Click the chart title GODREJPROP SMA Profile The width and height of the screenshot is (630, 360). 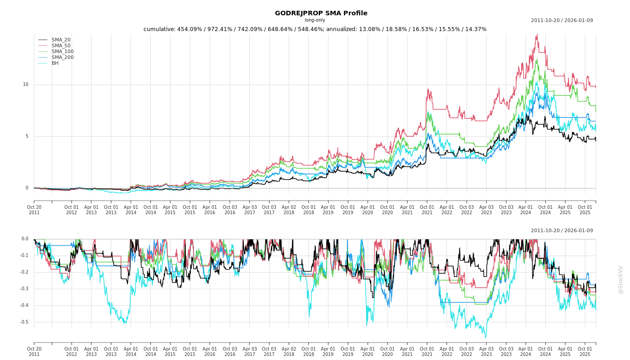click(321, 13)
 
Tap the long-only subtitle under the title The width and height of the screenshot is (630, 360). click(315, 20)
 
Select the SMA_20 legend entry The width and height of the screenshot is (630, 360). click(61, 40)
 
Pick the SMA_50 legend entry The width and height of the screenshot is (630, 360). click(61, 46)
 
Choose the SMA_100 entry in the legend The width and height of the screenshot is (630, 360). click(63, 52)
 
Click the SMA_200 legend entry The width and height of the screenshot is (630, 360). click(63, 58)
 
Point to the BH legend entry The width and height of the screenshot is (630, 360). click(55, 63)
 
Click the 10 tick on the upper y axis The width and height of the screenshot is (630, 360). click(26, 85)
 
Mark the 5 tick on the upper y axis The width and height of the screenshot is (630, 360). click(27, 136)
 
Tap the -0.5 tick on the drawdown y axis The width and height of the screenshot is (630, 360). click(24, 322)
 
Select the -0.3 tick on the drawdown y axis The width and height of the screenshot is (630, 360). click(24, 289)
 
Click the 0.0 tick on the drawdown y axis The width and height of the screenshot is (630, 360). click(25, 239)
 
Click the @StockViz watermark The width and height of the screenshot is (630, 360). click(621, 279)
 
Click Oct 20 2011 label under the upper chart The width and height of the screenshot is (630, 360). click(34, 210)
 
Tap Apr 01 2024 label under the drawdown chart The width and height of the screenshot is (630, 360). click(526, 351)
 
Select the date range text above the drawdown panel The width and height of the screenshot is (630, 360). click(562, 231)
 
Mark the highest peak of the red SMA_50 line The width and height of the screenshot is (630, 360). click(536, 35)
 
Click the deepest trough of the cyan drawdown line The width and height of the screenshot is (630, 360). click(485, 337)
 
